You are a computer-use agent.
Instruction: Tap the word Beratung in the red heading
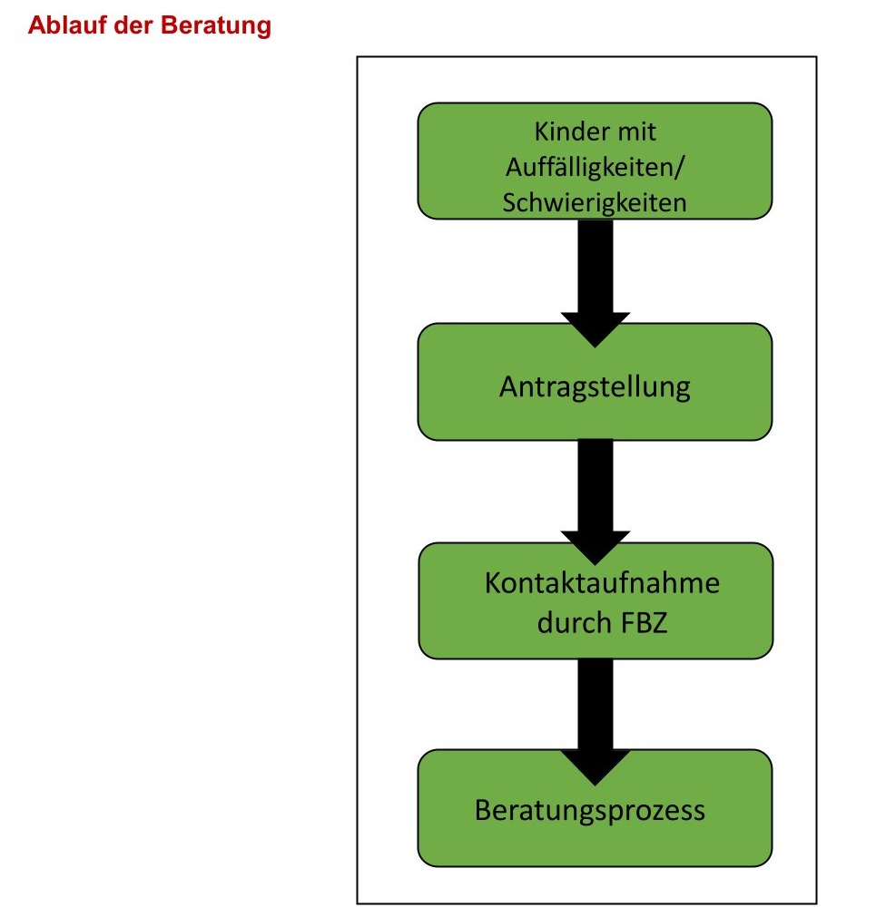point(216,25)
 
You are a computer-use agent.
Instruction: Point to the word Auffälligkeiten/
point(595,167)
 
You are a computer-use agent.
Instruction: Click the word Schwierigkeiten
point(595,202)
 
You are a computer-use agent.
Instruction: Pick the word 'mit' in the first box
point(637,132)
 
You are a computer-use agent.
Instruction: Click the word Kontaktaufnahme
point(602,582)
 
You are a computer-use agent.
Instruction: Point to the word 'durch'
point(573,623)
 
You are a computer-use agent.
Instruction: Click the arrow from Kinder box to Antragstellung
point(595,272)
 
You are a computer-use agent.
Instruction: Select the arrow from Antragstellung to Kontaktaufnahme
point(595,490)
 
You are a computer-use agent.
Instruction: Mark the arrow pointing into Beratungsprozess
point(595,707)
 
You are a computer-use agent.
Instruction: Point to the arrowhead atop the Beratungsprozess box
point(595,766)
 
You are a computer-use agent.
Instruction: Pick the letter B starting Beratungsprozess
point(484,809)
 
